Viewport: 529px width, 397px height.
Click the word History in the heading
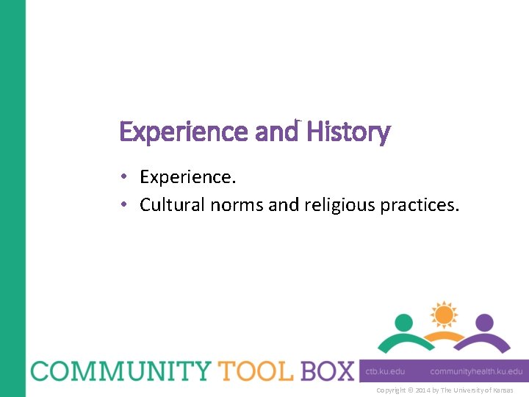(x=348, y=132)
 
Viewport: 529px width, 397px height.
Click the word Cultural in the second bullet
(x=173, y=204)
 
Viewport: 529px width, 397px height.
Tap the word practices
(x=420, y=204)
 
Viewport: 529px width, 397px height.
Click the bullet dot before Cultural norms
(x=126, y=204)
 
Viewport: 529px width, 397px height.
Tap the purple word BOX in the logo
(x=326, y=371)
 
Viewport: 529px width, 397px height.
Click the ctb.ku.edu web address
(x=386, y=372)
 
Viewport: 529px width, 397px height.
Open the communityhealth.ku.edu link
(x=476, y=372)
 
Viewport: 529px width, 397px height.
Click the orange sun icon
(x=444, y=315)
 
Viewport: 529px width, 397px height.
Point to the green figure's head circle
(x=403, y=323)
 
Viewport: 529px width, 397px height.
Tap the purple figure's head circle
(x=483, y=323)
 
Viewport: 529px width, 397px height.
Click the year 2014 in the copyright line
(x=425, y=390)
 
